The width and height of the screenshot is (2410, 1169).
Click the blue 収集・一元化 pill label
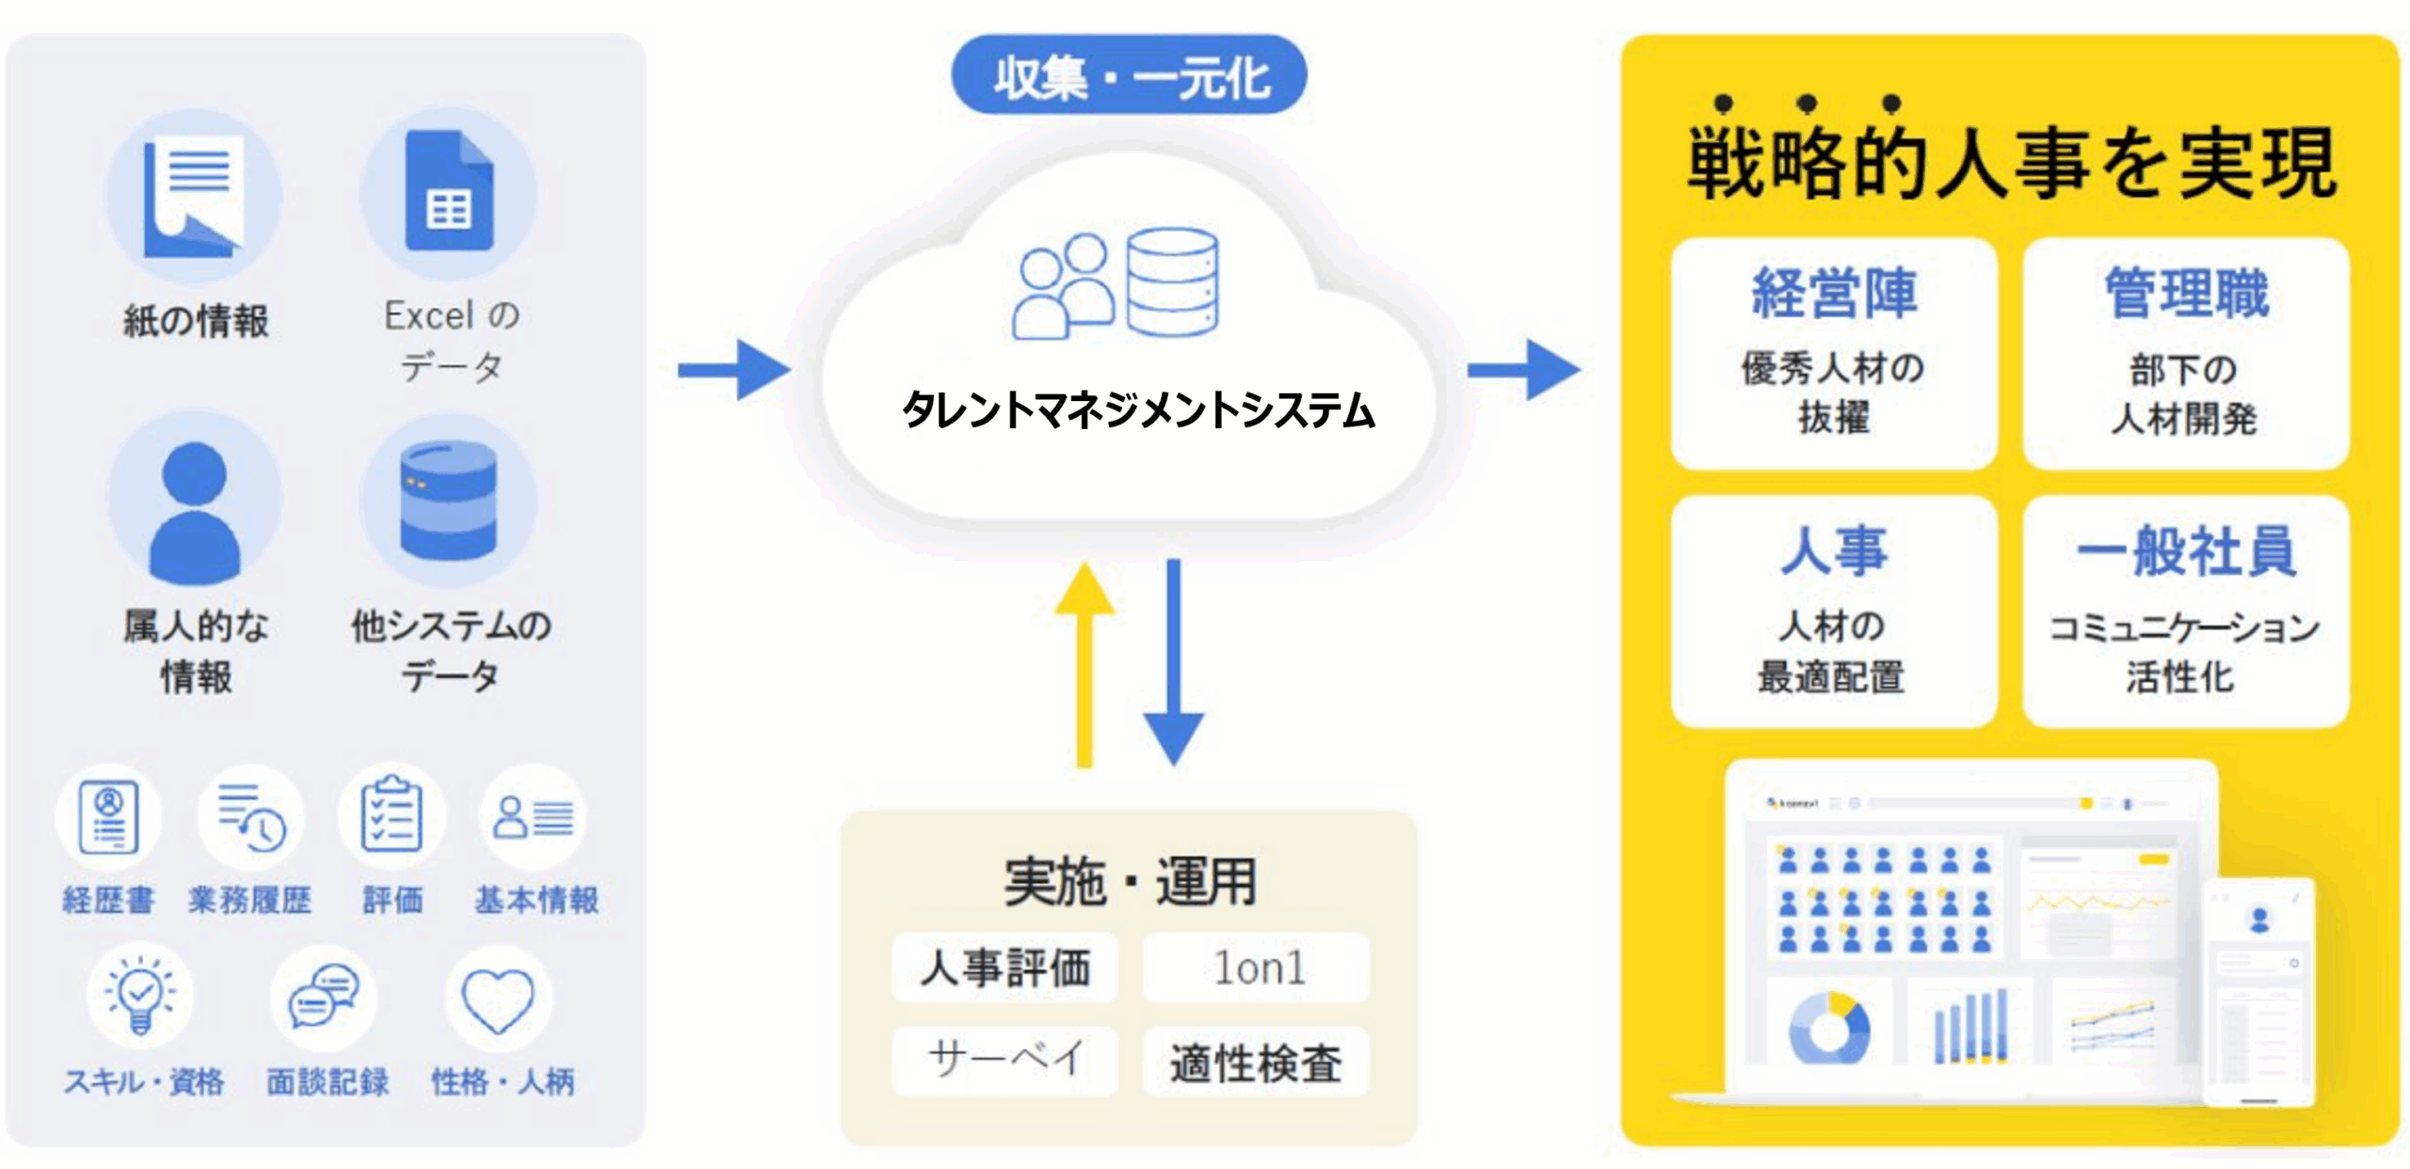(1129, 75)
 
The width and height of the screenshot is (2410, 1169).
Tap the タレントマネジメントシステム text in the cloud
(1138, 410)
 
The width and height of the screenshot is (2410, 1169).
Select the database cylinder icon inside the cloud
(1172, 281)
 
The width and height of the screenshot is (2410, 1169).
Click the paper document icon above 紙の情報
(194, 196)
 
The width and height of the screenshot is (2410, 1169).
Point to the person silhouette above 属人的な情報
(195, 513)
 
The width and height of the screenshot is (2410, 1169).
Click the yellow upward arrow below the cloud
(1084, 664)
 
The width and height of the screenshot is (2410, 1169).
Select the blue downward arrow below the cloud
(1173, 664)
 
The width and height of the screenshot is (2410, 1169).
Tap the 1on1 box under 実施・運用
(1257, 968)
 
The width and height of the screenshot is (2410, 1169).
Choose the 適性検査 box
(1257, 1062)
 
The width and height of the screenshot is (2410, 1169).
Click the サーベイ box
(1004, 1060)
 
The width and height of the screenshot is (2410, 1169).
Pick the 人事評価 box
(1004, 968)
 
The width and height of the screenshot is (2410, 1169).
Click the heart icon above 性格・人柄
(498, 1001)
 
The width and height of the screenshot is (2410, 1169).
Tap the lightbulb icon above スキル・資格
(140, 996)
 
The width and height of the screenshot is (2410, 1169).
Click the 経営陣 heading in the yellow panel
(1833, 293)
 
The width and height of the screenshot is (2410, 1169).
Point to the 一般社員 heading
(2186, 552)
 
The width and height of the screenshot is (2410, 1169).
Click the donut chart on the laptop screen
(1828, 1029)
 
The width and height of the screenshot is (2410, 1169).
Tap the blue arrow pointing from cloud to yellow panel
(1524, 369)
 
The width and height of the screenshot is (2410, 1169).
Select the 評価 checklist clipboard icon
(392, 815)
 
